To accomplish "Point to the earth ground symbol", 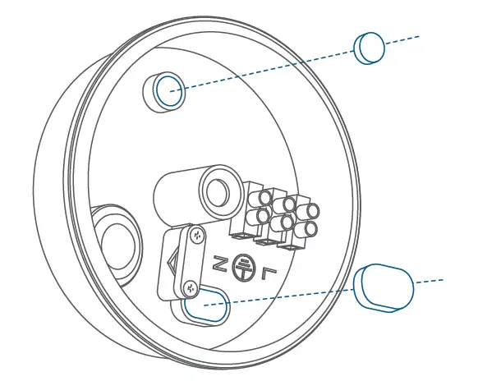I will [242, 265].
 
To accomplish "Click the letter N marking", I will [219, 264].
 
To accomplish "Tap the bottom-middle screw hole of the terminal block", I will [287, 223].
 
